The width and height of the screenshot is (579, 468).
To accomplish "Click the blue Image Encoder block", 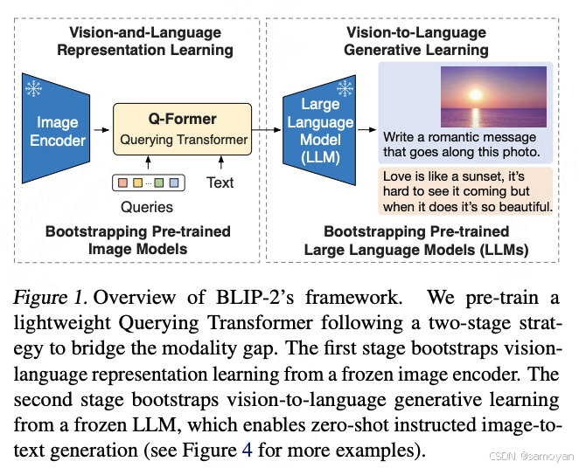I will tap(58, 130).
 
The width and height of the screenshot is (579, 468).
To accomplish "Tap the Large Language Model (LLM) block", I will tap(320, 131).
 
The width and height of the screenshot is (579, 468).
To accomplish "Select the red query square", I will tap(122, 183).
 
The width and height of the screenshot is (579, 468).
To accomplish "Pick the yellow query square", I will tap(138, 183).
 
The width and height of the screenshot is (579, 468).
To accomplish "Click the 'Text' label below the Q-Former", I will tap(220, 182).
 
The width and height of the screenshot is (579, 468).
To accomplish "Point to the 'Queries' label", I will tap(147, 207).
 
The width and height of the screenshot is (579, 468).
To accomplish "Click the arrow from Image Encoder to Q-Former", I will tap(104, 130).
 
